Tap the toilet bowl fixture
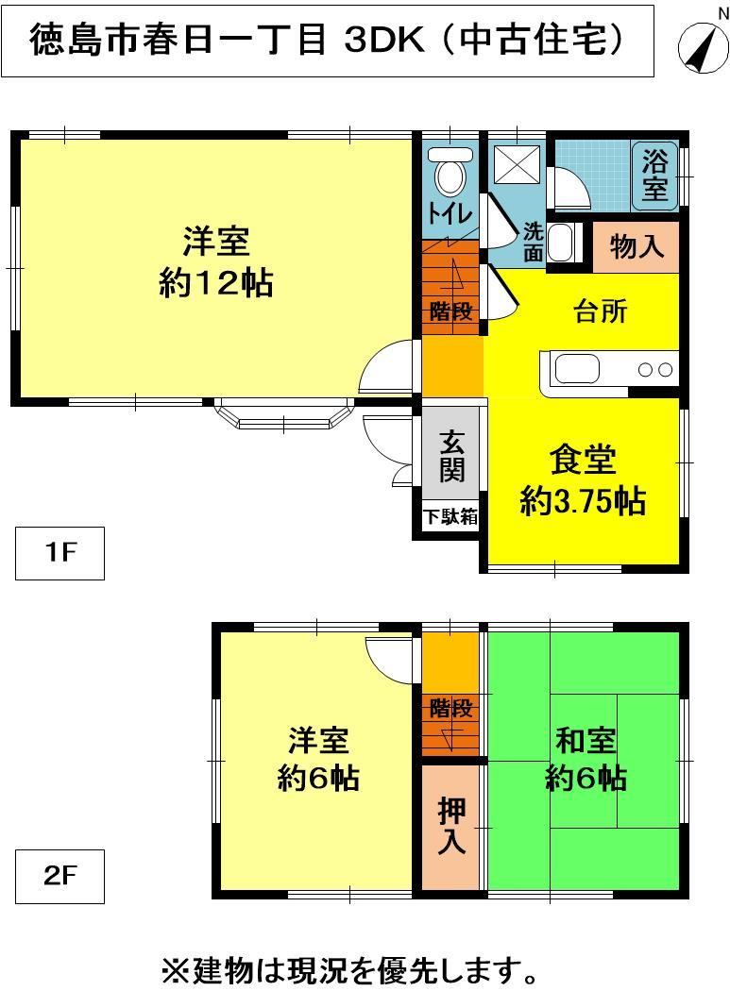tap(450, 171)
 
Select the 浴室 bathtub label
tap(654, 176)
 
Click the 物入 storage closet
tap(636, 246)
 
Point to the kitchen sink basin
tap(577, 370)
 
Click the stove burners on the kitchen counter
tap(654, 370)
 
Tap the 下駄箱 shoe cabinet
tap(450, 516)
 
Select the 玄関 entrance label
tap(451, 456)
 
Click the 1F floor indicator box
tap(60, 553)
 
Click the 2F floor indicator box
tap(60, 876)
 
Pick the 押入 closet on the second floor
tap(450, 827)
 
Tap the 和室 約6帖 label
tap(586, 760)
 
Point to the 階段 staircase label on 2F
tap(451, 708)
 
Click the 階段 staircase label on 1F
tap(451, 311)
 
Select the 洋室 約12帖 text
tap(215, 261)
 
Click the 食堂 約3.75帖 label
tap(583, 479)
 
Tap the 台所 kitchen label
tap(601, 311)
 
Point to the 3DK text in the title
tap(385, 41)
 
